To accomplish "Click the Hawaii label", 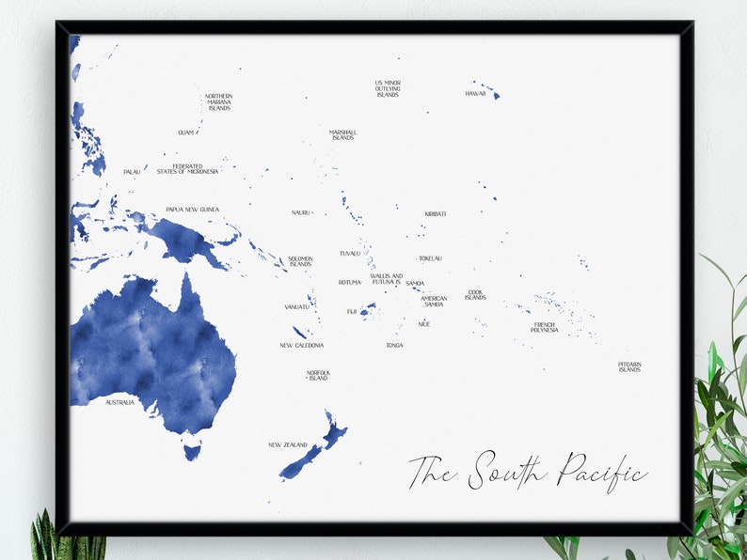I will point(475,94).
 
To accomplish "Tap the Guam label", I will point(185,132).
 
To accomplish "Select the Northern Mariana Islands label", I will point(218,102).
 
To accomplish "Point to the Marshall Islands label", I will point(342,135).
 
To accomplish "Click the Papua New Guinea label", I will point(192,210).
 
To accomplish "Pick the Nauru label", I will point(300,212).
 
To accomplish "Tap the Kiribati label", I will point(435,214).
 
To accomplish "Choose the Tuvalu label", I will point(350,254).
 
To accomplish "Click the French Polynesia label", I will point(544,328).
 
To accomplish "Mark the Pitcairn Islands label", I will point(629,366).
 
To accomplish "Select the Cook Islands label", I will point(475,295).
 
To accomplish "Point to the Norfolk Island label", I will point(318,376).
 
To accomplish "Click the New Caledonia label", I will point(302,345).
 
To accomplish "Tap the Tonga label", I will point(394,345).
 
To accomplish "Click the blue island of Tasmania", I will point(192,452).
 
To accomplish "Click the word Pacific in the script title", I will point(601,470).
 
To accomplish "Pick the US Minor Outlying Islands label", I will point(388,88).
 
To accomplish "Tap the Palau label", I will point(132,172).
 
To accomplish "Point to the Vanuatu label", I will point(296,306).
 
